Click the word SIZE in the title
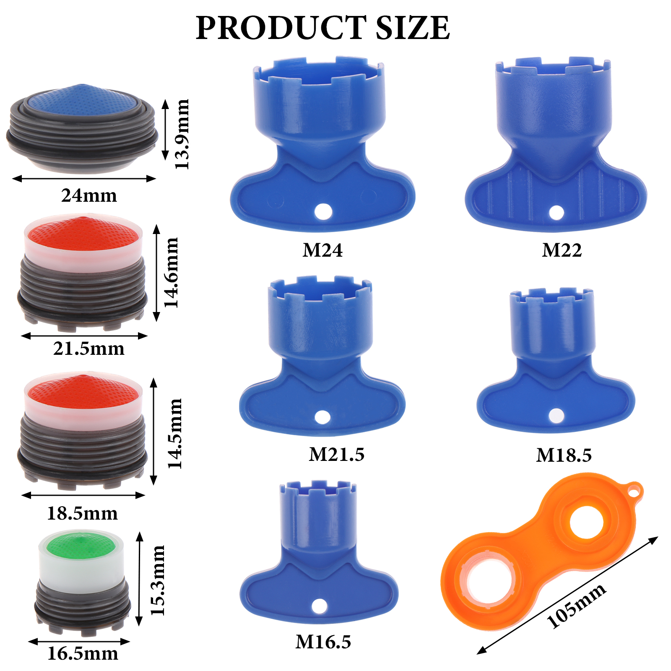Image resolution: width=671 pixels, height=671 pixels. (x=413, y=28)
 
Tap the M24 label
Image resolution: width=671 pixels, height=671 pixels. (x=322, y=250)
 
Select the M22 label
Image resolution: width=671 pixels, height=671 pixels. (x=562, y=250)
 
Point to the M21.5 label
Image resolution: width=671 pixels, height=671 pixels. (x=337, y=455)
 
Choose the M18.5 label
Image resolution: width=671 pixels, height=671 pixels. (x=564, y=455)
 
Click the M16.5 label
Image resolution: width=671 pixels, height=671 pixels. (x=323, y=642)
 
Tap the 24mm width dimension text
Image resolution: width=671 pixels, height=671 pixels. (x=89, y=195)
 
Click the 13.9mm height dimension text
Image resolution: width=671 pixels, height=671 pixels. (x=182, y=134)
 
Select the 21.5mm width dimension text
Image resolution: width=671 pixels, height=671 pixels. (x=89, y=349)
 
